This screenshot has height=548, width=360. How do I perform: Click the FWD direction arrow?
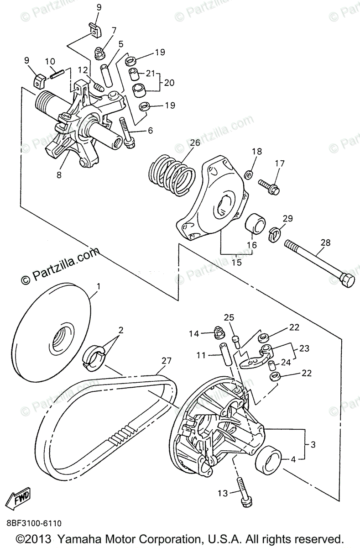(x=19, y=497)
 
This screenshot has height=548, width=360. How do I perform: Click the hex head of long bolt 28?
(x=348, y=280)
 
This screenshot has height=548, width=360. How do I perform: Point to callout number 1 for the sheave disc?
(x=97, y=287)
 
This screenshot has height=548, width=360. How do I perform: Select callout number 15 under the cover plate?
(x=236, y=263)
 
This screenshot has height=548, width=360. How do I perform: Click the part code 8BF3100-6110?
(x=34, y=523)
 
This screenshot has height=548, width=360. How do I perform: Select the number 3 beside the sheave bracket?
(x=313, y=444)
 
